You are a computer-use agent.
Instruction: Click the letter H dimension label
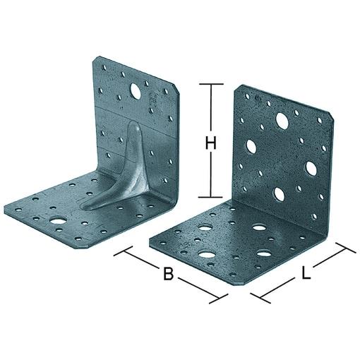point(210,144)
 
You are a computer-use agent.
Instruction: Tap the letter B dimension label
point(168,274)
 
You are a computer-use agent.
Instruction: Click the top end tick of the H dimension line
point(210,85)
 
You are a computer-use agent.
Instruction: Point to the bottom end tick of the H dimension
point(210,197)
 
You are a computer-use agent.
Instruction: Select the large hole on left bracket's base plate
point(56,226)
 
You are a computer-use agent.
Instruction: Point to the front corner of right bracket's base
point(246,282)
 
